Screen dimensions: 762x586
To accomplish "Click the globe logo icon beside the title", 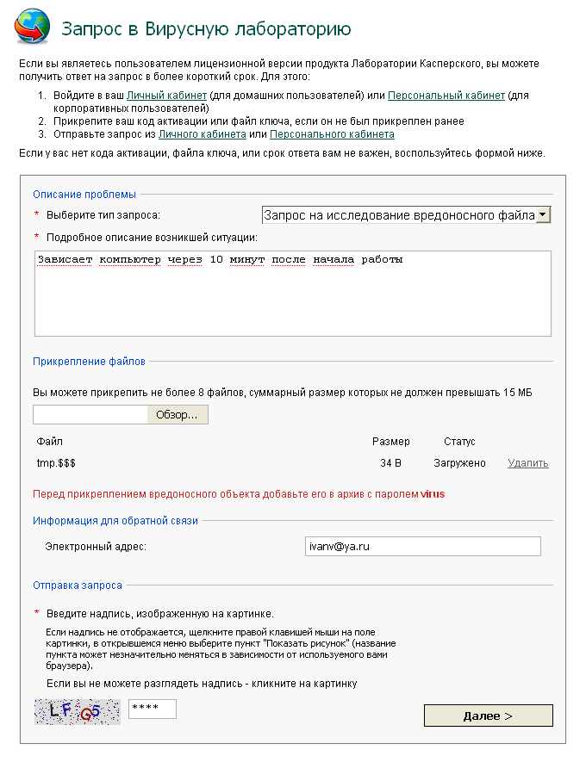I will click(x=32, y=27).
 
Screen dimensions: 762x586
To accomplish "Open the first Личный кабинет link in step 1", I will click(x=167, y=96).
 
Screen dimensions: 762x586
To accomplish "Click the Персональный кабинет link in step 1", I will click(x=446, y=96).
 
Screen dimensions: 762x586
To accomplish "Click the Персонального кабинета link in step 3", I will click(x=332, y=134).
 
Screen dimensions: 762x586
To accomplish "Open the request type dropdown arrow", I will click(x=543, y=215).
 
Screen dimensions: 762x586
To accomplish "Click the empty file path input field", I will click(x=91, y=415).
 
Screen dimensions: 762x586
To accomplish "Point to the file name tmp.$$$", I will click(x=56, y=463).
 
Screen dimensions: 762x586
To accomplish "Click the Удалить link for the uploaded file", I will click(x=528, y=463).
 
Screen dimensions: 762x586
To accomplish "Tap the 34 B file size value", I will click(x=391, y=463).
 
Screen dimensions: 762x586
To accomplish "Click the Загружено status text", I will click(x=459, y=463).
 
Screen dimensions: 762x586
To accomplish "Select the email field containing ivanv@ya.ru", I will click(x=422, y=547).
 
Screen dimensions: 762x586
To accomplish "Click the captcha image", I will click(x=78, y=711).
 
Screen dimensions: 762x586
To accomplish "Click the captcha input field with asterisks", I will click(x=152, y=709).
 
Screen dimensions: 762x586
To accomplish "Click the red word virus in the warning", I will click(x=433, y=495).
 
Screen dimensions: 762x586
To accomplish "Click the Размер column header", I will click(x=391, y=442).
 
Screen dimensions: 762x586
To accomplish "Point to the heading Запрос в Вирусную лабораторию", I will click(x=206, y=29).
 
